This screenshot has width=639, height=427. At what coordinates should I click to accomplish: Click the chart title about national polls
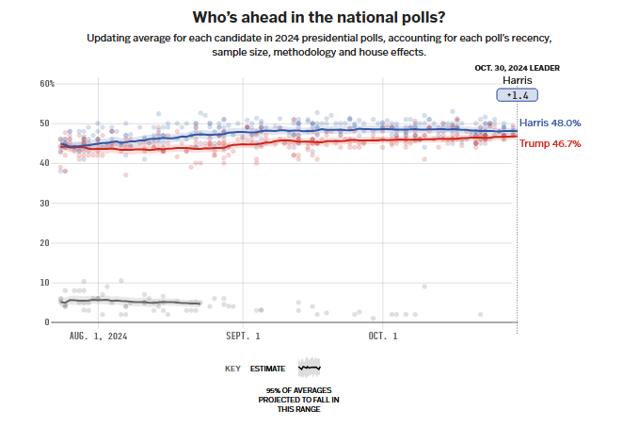point(319,17)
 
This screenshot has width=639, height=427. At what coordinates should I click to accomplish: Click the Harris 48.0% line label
point(550,123)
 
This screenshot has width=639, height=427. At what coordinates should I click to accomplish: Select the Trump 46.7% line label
point(551,143)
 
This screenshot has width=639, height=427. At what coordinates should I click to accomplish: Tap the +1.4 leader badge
point(518,95)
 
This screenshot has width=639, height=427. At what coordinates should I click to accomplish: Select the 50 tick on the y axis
point(44,123)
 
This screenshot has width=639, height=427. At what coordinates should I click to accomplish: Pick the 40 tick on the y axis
point(44,163)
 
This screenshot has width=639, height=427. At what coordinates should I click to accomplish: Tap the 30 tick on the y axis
point(44,203)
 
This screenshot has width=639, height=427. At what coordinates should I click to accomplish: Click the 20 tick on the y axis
point(44,242)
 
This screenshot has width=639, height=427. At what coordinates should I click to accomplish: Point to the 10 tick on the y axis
point(44,282)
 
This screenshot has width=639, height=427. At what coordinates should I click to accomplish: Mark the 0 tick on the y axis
point(47,322)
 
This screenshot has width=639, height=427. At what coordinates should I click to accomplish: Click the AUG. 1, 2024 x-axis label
point(98,336)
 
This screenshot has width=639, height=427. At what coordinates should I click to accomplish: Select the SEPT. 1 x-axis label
point(244,336)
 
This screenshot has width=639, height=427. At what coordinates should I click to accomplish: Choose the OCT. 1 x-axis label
point(383,336)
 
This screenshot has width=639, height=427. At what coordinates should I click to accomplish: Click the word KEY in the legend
point(232,369)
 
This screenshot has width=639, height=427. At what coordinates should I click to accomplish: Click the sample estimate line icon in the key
point(309,367)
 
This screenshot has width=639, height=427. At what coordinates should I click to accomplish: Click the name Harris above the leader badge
point(518,80)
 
